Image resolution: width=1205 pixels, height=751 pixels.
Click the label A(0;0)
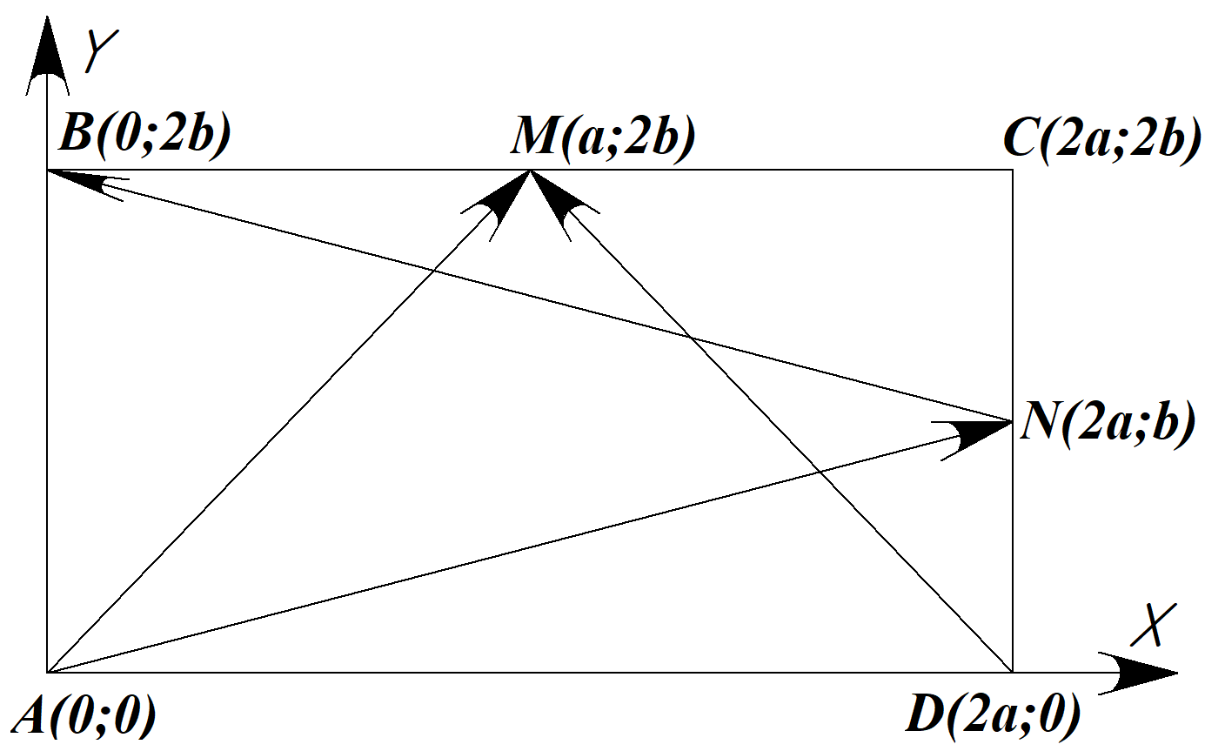[84, 718]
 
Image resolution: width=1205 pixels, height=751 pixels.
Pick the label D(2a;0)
[993, 718]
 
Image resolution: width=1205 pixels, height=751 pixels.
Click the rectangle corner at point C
[1013, 171]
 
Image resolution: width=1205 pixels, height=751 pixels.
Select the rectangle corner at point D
[1013, 672]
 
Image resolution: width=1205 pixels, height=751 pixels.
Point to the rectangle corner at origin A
[47, 672]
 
